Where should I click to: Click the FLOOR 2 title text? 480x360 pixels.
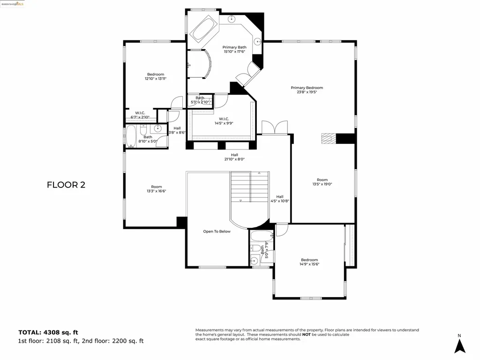[x=66, y=185]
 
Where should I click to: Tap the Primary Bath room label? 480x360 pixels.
[x=234, y=47]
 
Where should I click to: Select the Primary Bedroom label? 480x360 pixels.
[x=307, y=88]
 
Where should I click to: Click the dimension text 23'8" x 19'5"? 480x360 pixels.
[x=307, y=92]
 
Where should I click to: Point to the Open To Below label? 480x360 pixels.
[x=217, y=231]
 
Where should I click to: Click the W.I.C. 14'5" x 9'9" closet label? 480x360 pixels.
[x=223, y=121]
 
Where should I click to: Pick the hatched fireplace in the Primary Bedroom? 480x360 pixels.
[x=329, y=138]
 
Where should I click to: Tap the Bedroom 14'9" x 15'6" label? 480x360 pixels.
[x=309, y=262]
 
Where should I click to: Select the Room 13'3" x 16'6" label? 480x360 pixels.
[x=156, y=188]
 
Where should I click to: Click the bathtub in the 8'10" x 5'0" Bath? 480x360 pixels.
[x=131, y=136]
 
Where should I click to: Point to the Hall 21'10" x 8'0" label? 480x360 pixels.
[x=234, y=157]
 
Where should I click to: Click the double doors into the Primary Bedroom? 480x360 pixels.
[x=274, y=127]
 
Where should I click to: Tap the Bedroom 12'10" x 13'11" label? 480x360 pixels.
[x=156, y=76]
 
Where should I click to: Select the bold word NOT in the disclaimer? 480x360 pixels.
[x=306, y=334]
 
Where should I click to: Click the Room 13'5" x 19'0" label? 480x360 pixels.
[x=322, y=182]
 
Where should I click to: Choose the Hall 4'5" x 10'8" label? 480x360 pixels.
[x=280, y=199]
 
